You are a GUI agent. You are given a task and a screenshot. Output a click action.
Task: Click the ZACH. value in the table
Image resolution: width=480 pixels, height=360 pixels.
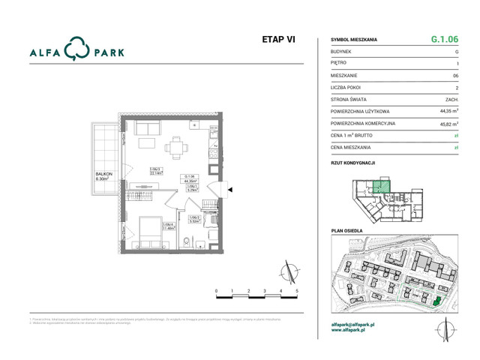click(451, 98)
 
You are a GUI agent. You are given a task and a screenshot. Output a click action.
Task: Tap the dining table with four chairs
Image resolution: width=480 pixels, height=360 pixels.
click(177, 148)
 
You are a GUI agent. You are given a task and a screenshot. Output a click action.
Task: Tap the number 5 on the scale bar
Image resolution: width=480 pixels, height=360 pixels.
click(297, 289)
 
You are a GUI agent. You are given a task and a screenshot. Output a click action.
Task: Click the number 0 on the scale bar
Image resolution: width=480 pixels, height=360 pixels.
click(216, 289)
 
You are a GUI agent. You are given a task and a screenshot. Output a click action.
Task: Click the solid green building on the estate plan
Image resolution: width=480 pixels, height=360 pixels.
click(435, 301)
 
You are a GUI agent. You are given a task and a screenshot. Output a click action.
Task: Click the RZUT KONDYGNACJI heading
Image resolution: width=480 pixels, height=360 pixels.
click(352, 162)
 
